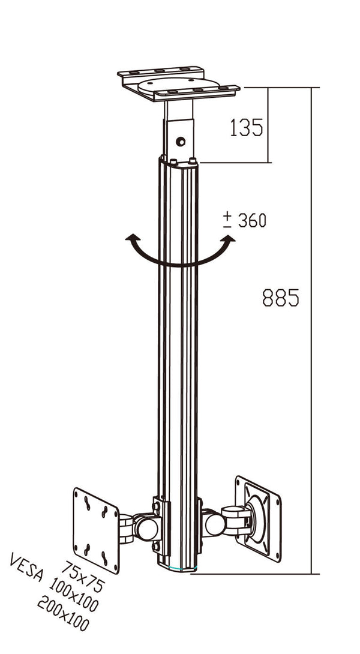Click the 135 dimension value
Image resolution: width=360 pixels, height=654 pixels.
pyautogui.click(x=246, y=127)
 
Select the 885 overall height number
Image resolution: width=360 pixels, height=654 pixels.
pyautogui.click(x=280, y=298)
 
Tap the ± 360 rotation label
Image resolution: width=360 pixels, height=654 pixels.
pyautogui.click(x=244, y=220)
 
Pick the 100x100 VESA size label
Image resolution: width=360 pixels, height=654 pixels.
pyautogui.click(x=75, y=594)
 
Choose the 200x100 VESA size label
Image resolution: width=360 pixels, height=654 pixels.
pyautogui.click(x=63, y=614)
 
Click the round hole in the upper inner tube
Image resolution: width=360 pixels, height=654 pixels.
pyautogui.click(x=180, y=142)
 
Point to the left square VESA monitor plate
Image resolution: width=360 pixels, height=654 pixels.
pyautogui.click(x=96, y=530)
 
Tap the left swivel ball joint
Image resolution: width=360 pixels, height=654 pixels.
pyautogui.click(x=146, y=527)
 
